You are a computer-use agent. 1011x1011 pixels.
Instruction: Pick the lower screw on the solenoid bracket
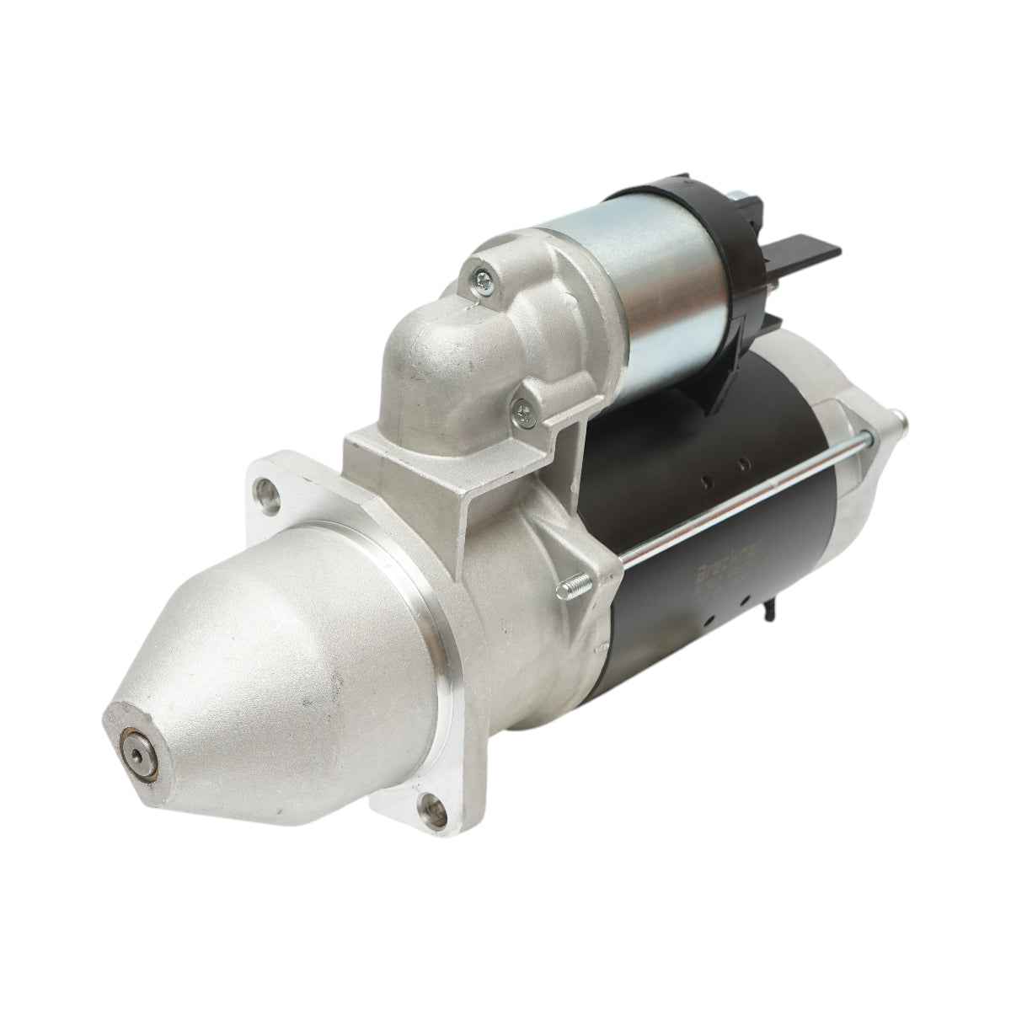click(x=525, y=410)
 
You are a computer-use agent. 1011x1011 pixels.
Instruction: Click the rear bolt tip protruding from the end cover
click(x=899, y=415)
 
